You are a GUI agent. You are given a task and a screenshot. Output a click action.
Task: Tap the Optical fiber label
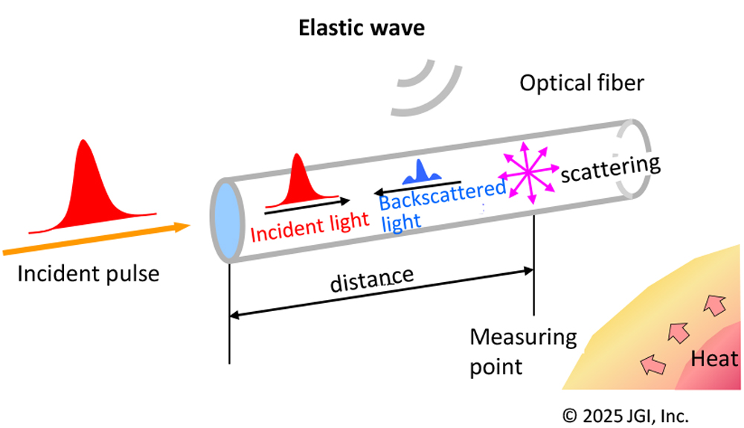point(580,83)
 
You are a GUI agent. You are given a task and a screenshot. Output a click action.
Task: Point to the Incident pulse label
point(88,273)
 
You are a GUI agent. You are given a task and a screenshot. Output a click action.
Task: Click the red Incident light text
point(310,226)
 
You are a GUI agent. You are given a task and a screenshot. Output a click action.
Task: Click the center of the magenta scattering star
point(527,171)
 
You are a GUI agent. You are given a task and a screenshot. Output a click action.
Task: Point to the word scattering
point(610,169)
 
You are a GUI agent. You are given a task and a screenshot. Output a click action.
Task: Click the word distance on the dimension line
point(371,279)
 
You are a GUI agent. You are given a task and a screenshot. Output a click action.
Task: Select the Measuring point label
point(522,351)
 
